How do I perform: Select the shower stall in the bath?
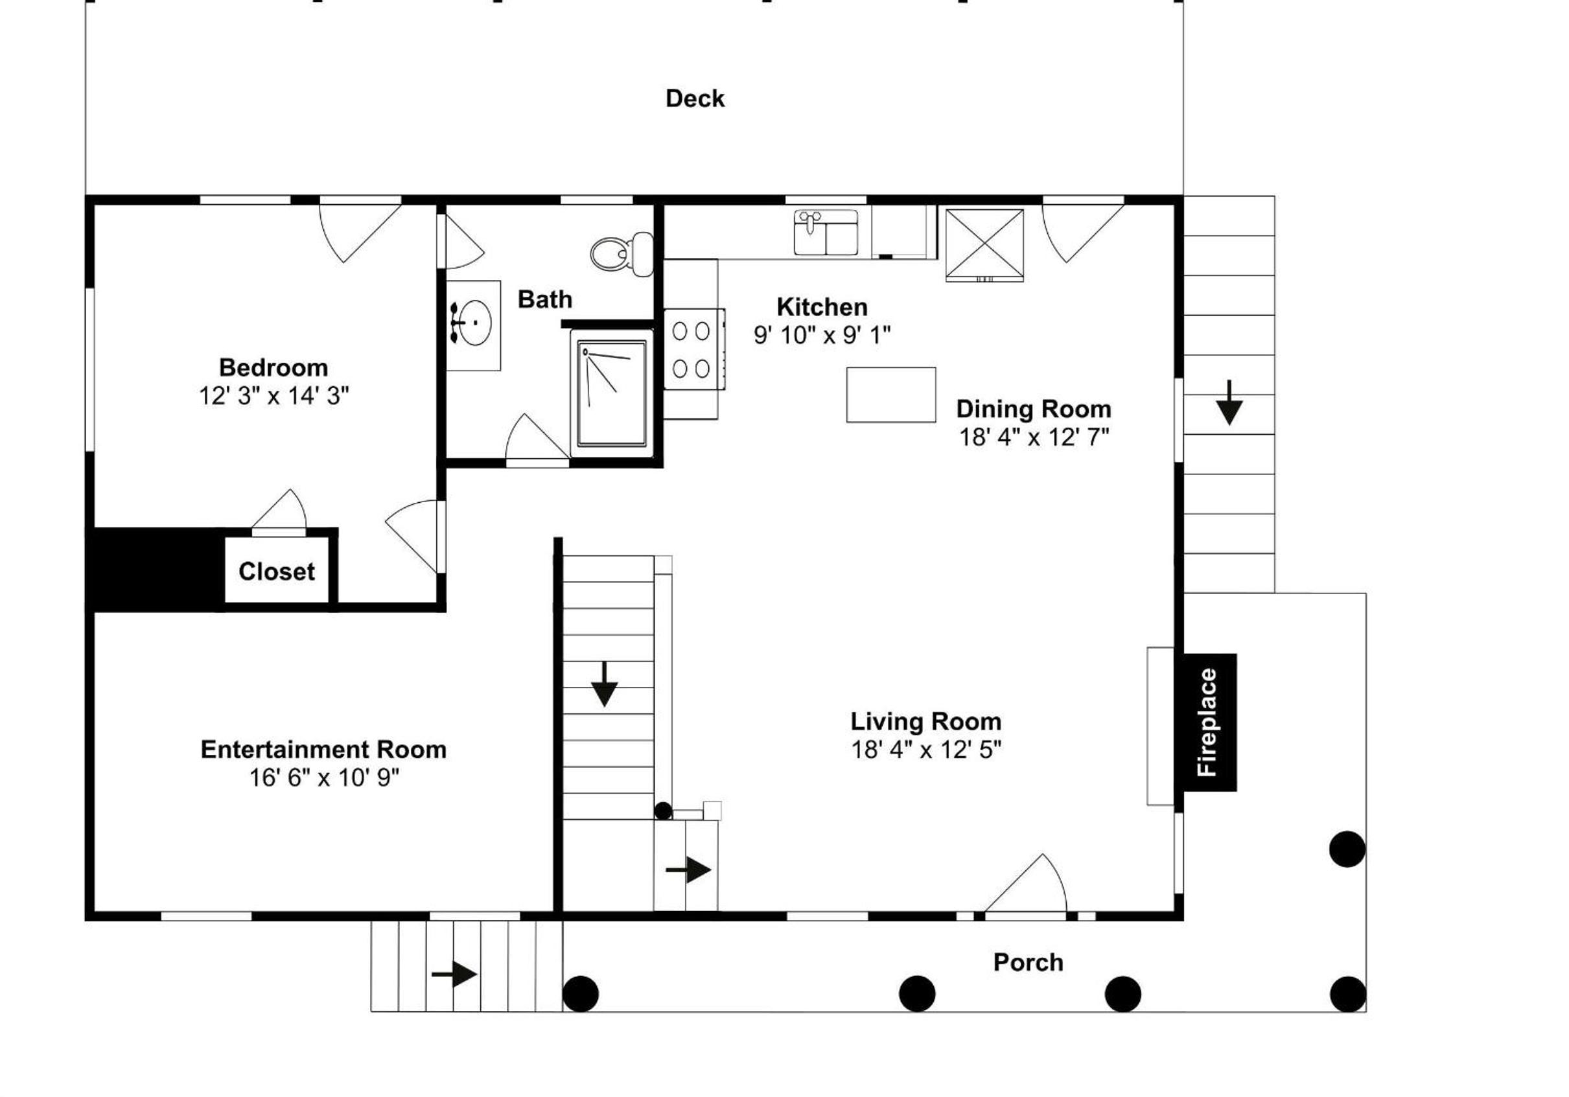[x=612, y=393]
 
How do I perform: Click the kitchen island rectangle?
[x=891, y=395]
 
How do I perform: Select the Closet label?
[x=277, y=571]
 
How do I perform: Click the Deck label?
[x=695, y=98]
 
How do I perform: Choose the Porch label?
[x=1028, y=962]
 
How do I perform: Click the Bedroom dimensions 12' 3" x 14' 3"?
[x=273, y=395]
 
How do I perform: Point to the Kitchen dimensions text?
[x=822, y=335]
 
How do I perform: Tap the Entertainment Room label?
[x=323, y=749]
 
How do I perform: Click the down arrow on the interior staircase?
[x=604, y=684]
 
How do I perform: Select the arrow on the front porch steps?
[x=454, y=974]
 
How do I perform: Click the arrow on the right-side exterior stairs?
[x=1229, y=403]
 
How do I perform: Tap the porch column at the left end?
[x=581, y=993]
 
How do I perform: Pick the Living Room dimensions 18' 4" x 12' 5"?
[x=926, y=749]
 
